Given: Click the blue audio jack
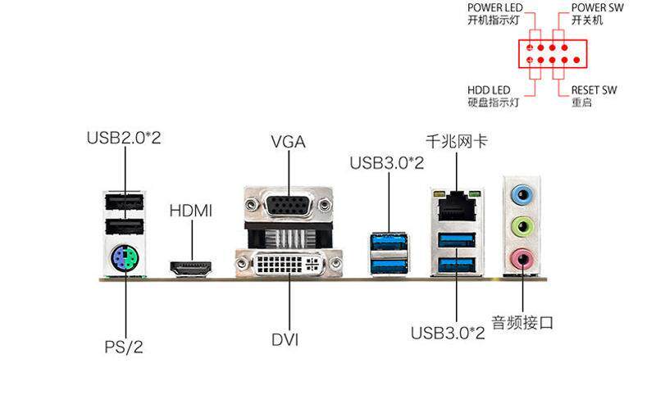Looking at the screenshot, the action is pos(522,194).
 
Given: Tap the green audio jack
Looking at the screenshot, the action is pos(522,227).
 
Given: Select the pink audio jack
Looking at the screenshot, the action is pos(522,259).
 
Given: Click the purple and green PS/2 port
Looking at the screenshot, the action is pos(125,258).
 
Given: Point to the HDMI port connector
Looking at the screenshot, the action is pos(191,268).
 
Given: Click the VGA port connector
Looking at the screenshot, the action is pos(289,205).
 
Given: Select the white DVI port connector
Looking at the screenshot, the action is pos(289,264).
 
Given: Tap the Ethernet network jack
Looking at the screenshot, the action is pos(457,206).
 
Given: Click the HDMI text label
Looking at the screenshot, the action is pos(191,211).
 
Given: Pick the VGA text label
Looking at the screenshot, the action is pos(289,142).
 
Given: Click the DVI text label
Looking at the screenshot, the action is pos(285,339).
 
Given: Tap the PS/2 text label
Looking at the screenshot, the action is pos(124,347).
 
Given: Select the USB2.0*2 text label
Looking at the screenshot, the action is pos(124,138).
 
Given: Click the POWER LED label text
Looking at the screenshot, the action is pos(495,7).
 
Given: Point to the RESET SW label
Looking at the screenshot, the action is pos(594,90).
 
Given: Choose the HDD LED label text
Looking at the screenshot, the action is pos(489,90).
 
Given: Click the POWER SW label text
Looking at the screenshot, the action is pos(598,7).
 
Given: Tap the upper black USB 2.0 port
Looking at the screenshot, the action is pos(125,202).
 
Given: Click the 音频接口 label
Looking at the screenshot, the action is pos(522,322).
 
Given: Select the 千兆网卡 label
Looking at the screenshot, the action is pos(457,141).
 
